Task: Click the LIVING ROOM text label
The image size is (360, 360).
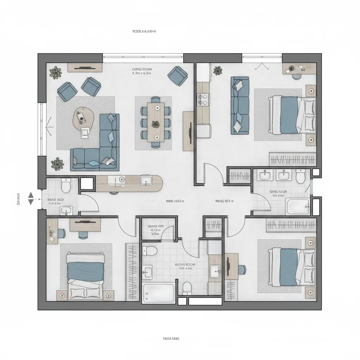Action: (x=142, y=69)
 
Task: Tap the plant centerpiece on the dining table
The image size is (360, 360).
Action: (x=155, y=124)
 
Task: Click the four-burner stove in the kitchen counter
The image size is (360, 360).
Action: (x=203, y=99)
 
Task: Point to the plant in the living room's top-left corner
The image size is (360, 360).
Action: (x=55, y=72)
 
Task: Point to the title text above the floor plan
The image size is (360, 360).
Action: (x=144, y=31)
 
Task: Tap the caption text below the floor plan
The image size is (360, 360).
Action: (x=171, y=339)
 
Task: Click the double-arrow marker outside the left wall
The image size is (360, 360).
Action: (x=31, y=198)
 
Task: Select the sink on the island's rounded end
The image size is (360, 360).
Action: (x=145, y=180)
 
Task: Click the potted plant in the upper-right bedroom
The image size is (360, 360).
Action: (x=218, y=70)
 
